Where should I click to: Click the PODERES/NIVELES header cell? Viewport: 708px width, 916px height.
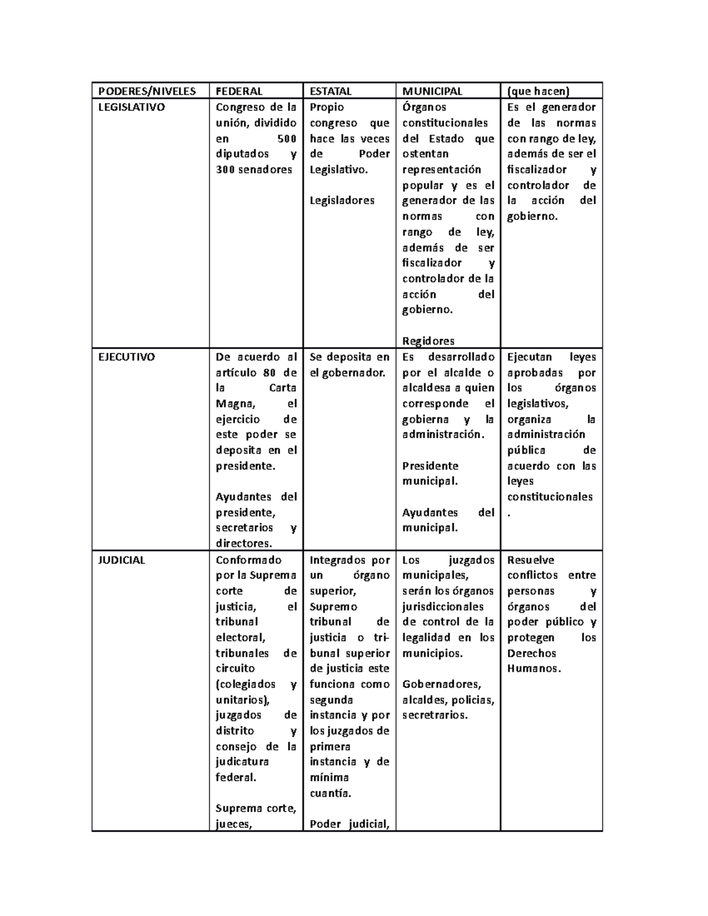[x=147, y=91]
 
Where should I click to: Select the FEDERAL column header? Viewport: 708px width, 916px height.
[x=239, y=91]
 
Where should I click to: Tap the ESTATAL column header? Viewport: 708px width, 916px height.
[x=330, y=91]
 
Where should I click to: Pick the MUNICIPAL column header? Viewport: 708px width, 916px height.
[x=432, y=91]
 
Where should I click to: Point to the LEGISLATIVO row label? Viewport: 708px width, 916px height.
[x=132, y=107]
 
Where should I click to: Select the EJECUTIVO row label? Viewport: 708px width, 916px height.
[x=126, y=357]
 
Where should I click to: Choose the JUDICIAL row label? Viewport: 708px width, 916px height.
[x=122, y=560]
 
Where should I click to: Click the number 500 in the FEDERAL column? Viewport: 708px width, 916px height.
[x=287, y=139]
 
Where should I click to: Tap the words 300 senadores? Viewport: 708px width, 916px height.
[x=254, y=170]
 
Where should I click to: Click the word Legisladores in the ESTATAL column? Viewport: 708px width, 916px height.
[x=342, y=201]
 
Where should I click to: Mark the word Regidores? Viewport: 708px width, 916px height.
[x=428, y=341]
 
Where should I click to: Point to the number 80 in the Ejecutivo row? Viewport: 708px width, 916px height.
[x=270, y=373]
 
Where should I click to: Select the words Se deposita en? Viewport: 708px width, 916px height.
[x=349, y=357]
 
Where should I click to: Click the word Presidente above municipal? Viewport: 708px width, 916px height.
[x=430, y=466]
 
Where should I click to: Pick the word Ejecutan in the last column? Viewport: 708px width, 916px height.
[x=529, y=357]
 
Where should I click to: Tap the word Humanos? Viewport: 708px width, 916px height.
[x=533, y=669]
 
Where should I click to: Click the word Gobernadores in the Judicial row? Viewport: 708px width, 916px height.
[x=441, y=684]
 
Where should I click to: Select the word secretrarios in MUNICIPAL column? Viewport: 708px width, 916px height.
[x=434, y=715]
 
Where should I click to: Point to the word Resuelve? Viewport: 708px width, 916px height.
[x=530, y=560]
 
